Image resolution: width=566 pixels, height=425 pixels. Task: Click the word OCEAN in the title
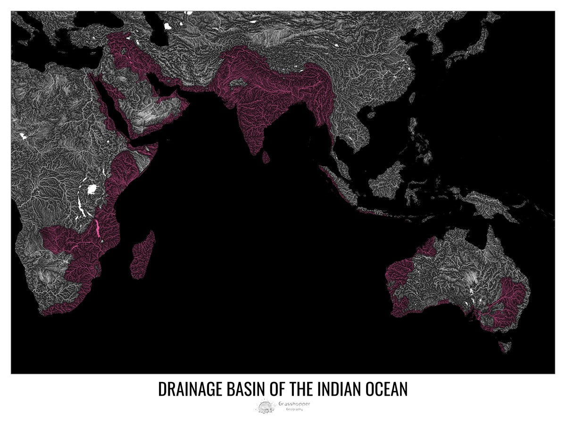click(386, 390)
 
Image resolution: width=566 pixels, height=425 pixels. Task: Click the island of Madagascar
click(144, 255)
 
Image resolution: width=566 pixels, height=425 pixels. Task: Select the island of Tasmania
click(505, 347)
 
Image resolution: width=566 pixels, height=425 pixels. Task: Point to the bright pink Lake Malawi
click(98, 228)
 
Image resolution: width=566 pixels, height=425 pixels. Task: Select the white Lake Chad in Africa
click(22, 137)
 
